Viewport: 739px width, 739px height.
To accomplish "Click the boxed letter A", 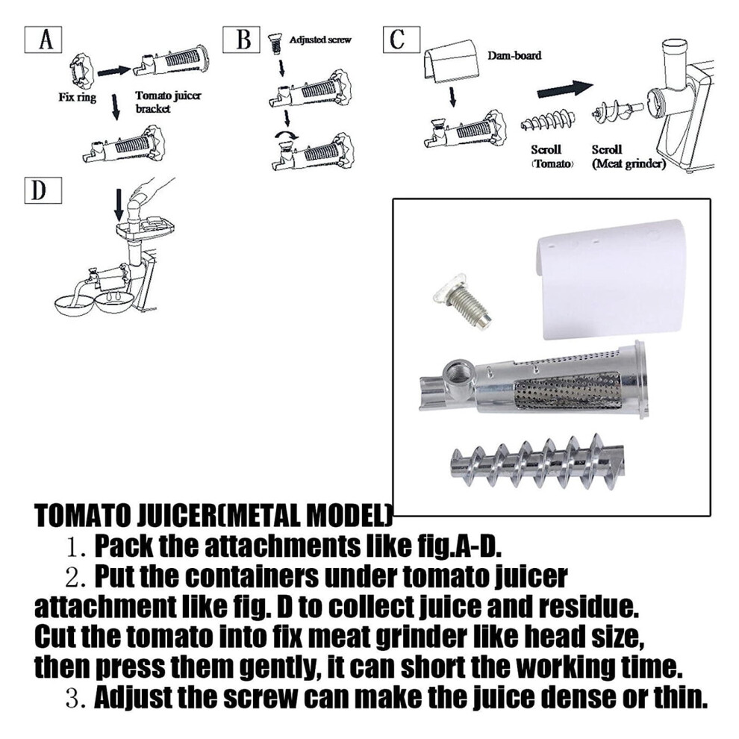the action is pos(43,40).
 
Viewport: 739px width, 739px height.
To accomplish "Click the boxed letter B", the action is pos(242,40).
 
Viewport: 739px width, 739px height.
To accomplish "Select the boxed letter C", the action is pos(402,40).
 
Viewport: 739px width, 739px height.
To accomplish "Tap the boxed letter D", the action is pos(43,191).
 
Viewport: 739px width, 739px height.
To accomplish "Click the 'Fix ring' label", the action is pos(78,98).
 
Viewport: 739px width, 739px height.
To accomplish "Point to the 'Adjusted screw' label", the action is pos(320,40).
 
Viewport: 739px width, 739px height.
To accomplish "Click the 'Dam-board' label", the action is pos(514,55).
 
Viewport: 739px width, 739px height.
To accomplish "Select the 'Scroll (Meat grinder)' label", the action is pos(629,157).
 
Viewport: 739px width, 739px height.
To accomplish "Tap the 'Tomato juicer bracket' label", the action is pos(168,102).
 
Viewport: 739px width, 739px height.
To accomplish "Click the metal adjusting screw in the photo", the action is pos(463,300).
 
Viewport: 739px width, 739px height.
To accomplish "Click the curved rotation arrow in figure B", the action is pos(287,136).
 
